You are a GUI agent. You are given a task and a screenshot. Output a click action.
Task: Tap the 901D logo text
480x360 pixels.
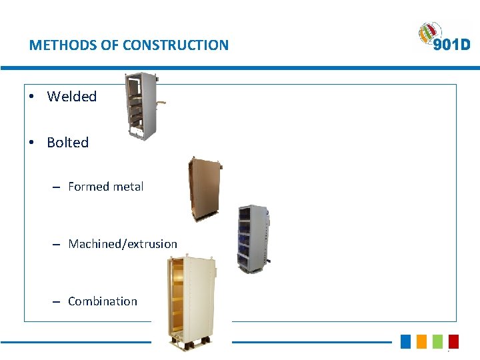tap(451, 45)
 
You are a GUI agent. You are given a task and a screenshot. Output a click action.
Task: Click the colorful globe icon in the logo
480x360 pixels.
tap(429, 34)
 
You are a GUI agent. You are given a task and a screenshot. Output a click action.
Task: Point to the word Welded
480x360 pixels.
tap(72, 97)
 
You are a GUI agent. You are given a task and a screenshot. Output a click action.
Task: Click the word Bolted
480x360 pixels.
tap(68, 143)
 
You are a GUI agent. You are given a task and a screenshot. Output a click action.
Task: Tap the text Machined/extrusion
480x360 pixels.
tap(123, 244)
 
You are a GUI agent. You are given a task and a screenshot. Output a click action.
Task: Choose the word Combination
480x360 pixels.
tap(103, 301)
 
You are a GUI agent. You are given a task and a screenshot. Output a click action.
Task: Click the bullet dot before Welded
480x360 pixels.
tap(31, 97)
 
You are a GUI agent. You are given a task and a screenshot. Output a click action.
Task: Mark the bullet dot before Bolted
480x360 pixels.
tap(31, 143)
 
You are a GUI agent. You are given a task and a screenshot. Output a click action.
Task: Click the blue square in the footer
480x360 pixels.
tap(406, 341)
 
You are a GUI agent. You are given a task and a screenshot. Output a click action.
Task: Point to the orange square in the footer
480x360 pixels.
tap(421, 341)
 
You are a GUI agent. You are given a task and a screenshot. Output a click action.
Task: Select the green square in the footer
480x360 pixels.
tap(437, 341)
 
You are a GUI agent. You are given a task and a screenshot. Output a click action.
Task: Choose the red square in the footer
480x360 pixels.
tap(453, 341)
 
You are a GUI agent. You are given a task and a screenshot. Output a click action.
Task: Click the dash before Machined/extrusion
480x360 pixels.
tap(57, 245)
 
